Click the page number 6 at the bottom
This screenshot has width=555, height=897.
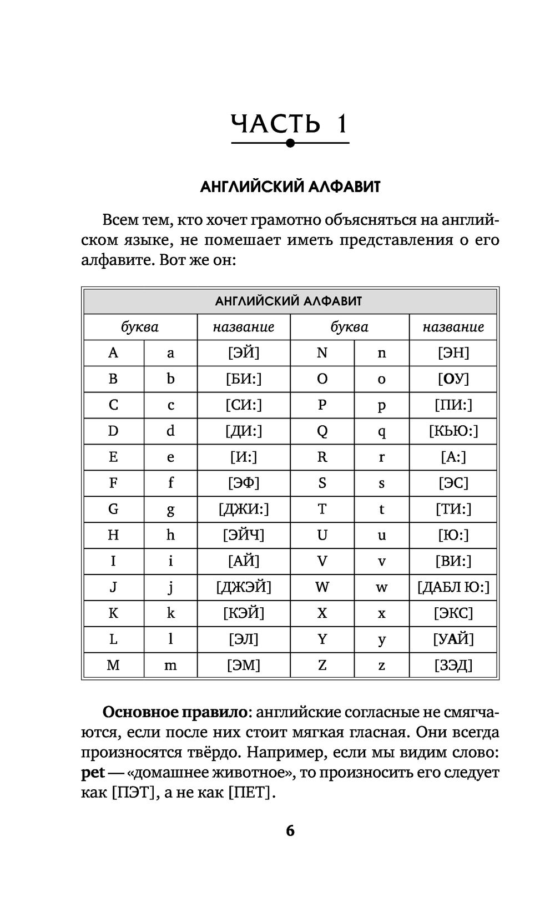coord(290,831)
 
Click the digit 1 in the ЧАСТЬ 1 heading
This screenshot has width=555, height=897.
coord(340,123)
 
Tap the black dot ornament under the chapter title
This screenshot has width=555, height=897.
coord(290,143)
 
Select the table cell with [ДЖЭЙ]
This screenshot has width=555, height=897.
coord(244,587)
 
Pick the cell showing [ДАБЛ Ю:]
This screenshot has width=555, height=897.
coord(453,587)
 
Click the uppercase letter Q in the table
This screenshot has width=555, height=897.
coord(322,431)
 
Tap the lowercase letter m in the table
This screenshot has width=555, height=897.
coord(170,665)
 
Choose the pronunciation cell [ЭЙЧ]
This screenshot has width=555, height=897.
coord(244,535)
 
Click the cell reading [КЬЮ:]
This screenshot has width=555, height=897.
coord(453,431)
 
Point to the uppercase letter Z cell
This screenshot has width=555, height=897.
coord(322,665)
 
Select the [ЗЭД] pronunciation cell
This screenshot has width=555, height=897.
coord(453,665)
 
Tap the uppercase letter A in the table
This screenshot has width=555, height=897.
coord(113,352)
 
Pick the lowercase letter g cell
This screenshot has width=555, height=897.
coord(170,509)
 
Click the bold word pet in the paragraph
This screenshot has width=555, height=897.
coord(93,773)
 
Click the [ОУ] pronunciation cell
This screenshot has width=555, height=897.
coord(453,379)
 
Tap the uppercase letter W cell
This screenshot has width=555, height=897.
coord(322,587)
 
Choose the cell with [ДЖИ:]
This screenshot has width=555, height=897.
coord(244,509)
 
